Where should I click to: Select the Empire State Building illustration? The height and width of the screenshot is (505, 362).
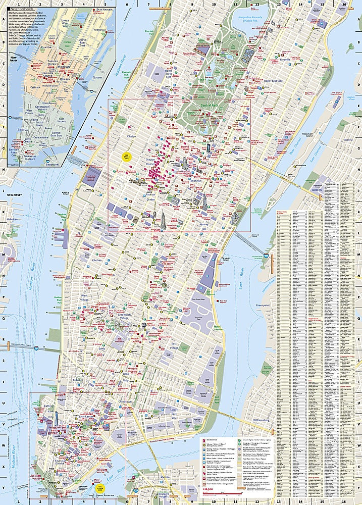[164, 219]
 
